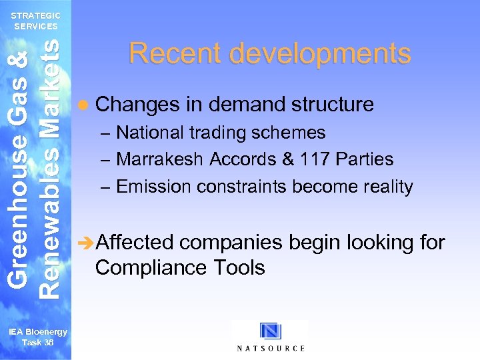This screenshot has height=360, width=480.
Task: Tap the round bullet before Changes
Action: (82, 105)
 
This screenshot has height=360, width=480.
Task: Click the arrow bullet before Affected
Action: (87, 243)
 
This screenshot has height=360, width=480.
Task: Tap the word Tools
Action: (238, 267)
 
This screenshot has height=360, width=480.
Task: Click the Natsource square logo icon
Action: (271, 331)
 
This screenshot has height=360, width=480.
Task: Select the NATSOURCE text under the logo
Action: (271, 348)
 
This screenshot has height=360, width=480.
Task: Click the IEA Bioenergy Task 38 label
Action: (37, 337)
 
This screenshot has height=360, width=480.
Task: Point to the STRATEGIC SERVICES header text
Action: (37, 21)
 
